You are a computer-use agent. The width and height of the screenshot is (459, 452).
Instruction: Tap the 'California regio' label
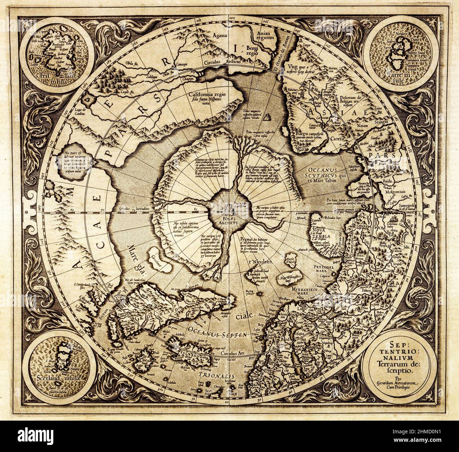click(x=209, y=94)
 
